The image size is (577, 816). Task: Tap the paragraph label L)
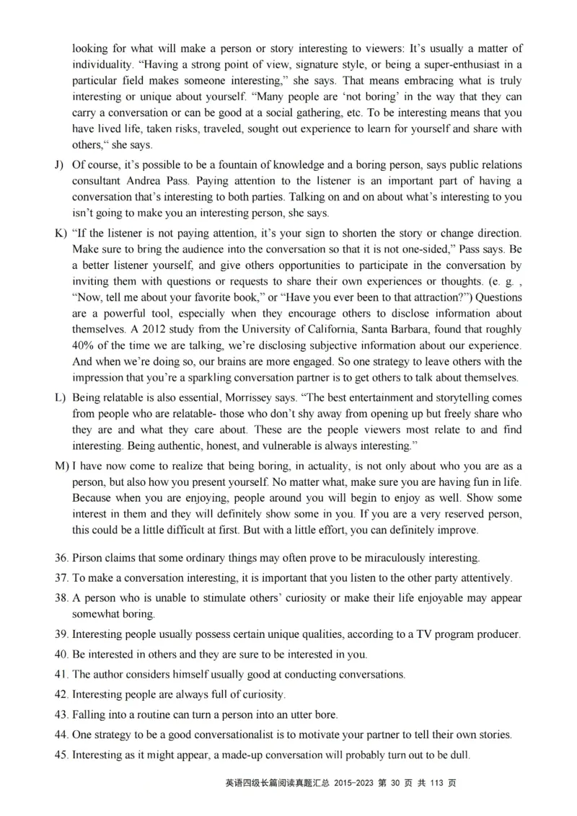(x=60, y=398)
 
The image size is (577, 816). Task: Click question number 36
(x=61, y=558)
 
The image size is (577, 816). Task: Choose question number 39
(x=61, y=634)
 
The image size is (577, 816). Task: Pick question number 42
(x=61, y=695)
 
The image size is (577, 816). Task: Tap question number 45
(x=61, y=755)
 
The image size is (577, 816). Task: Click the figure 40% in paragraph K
(x=83, y=345)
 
